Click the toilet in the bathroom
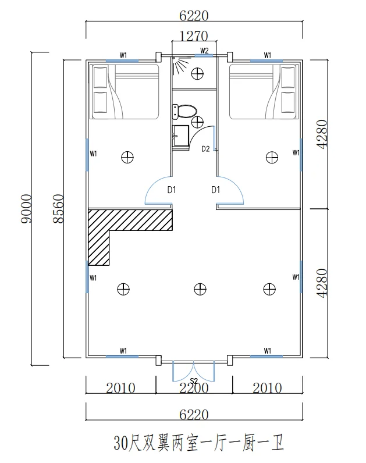click(x=184, y=112)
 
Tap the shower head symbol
click(x=180, y=65)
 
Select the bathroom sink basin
click(x=181, y=136)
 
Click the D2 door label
click(x=205, y=149)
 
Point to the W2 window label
click(x=204, y=51)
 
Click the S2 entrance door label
click(x=194, y=381)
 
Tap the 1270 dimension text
click(x=194, y=36)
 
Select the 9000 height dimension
click(x=26, y=208)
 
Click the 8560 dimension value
click(x=58, y=208)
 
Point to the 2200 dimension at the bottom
click(x=194, y=388)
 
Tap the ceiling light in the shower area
click(x=197, y=73)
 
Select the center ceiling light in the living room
click(x=200, y=289)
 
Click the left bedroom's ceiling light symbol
click(x=127, y=157)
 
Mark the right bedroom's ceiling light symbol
click(x=272, y=158)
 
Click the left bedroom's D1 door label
click(x=172, y=190)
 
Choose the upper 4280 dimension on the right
click(x=322, y=134)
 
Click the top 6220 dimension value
click(x=194, y=16)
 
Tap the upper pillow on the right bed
click(x=288, y=77)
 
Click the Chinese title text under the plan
click(x=198, y=443)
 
